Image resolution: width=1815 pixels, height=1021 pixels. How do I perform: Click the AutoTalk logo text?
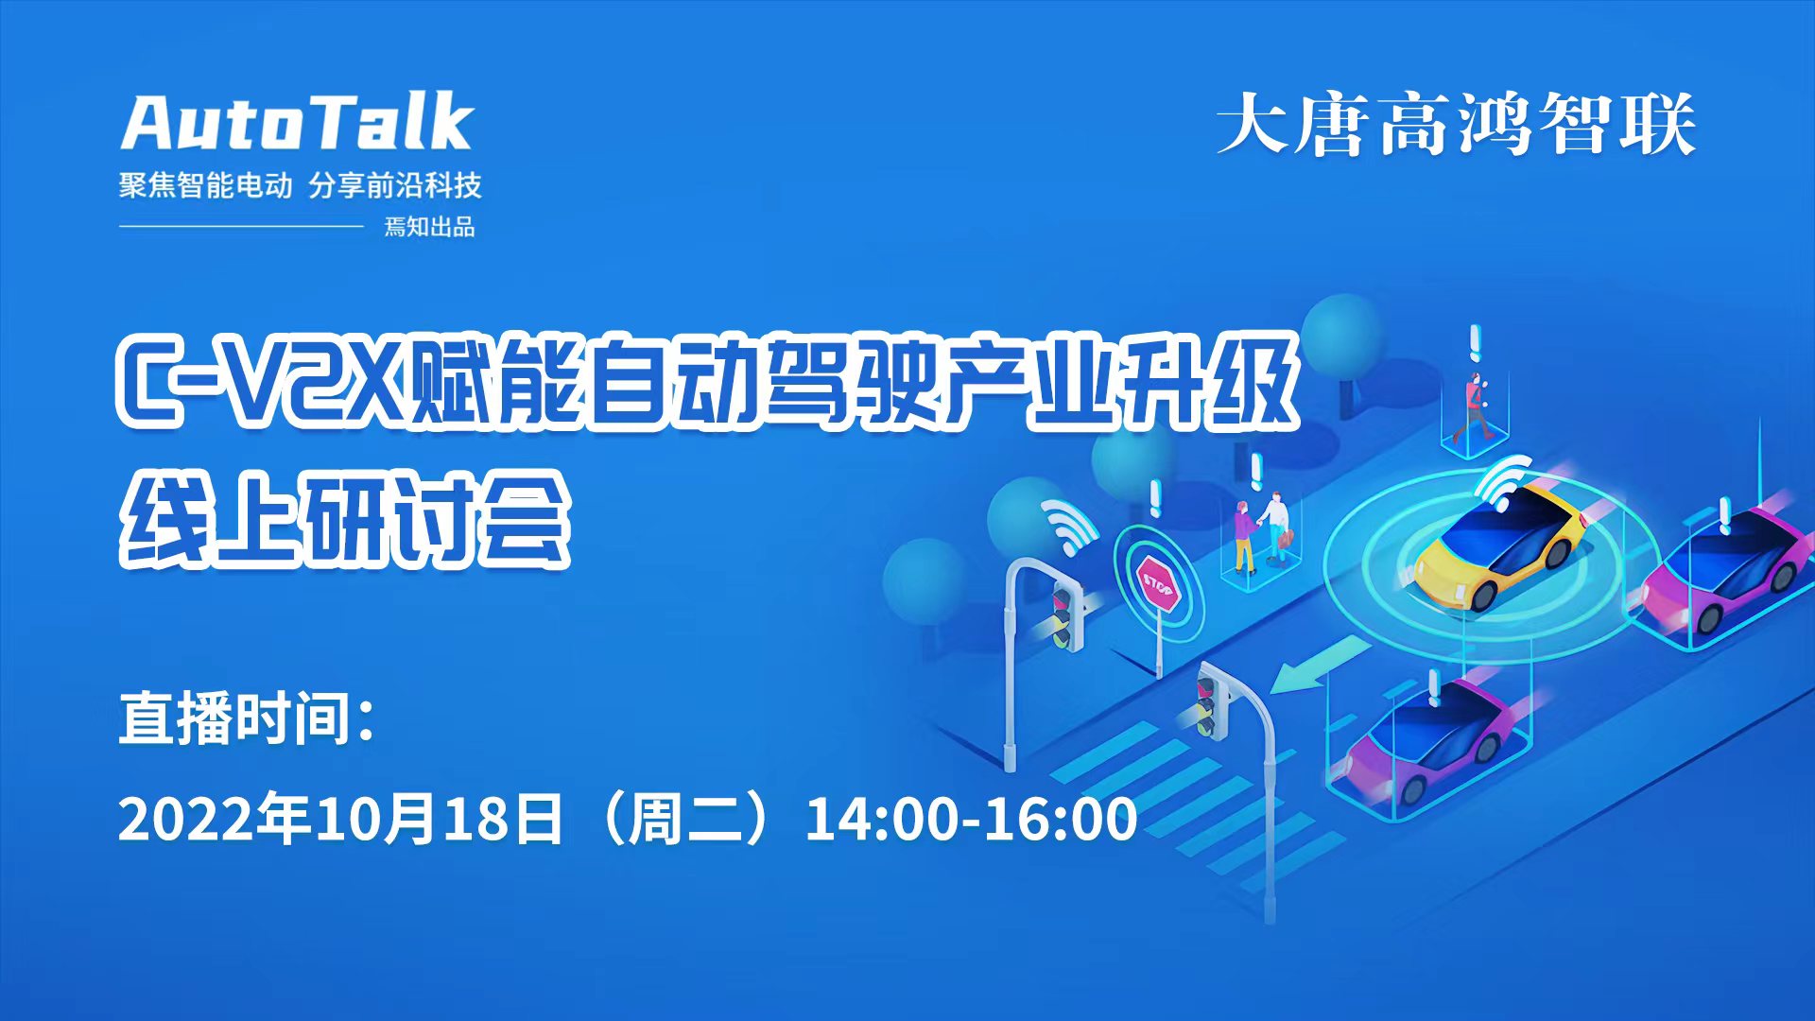point(297,122)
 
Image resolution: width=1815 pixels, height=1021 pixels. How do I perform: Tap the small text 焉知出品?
point(429,227)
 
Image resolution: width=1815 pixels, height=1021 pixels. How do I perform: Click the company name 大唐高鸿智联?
point(1456,124)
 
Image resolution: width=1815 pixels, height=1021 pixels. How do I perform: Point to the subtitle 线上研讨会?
point(345,520)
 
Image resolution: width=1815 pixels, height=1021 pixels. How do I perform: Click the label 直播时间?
point(247,718)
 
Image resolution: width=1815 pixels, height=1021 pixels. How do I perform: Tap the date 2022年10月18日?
point(340,819)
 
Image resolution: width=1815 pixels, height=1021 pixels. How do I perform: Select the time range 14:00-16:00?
point(971,820)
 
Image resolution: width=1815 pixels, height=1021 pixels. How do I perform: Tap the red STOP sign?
point(1157,583)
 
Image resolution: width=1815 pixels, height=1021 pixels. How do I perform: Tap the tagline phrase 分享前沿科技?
point(395,185)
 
